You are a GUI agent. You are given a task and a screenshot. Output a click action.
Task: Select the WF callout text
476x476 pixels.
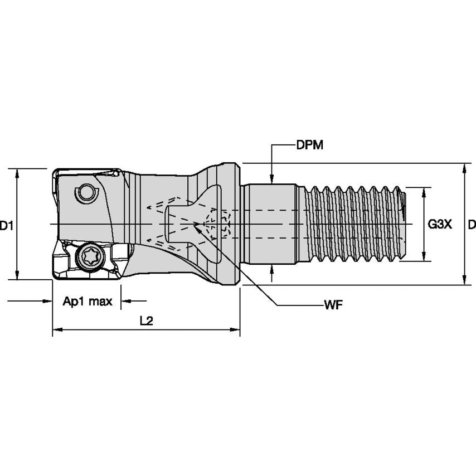(333, 305)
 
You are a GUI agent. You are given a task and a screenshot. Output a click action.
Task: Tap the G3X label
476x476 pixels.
(440, 225)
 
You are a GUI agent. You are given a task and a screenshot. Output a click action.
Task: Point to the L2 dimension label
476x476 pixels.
(146, 320)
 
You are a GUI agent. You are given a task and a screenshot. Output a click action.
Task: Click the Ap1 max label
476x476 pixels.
(88, 302)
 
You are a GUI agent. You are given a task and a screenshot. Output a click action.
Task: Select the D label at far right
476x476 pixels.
(472, 225)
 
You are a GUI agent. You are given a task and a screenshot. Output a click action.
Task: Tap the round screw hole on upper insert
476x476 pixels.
(86, 193)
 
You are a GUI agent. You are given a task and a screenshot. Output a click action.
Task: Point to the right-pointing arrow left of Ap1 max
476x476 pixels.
(47, 302)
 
